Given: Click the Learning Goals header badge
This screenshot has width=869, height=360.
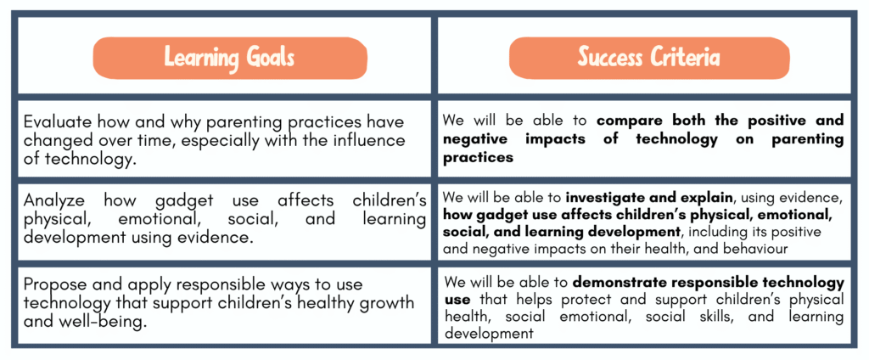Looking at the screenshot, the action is (229, 58).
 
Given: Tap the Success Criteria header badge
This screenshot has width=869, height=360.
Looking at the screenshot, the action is (649, 57).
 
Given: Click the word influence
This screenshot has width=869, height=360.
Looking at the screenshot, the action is (367, 140).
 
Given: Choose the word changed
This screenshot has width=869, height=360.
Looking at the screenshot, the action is (59, 141).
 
